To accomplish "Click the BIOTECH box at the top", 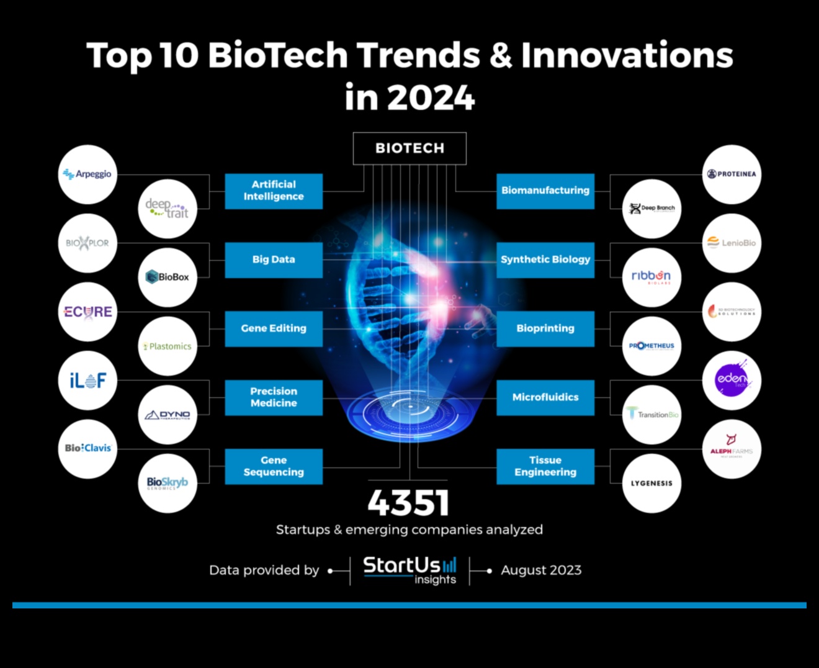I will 409,148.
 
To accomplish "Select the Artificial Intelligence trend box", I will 274,191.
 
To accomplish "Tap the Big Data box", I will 274,260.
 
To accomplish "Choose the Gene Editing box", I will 274,328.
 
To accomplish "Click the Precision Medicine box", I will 274,397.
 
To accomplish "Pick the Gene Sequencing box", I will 274,466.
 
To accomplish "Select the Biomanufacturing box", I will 545,191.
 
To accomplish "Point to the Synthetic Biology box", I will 545,260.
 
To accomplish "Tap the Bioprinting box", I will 545,328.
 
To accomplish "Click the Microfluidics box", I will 545,397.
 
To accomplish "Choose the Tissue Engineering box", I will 545,466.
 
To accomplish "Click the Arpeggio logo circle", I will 87,174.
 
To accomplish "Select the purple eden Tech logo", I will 732,380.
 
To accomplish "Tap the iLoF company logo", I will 87,380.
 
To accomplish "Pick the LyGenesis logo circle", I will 651,483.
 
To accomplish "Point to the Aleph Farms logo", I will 732,449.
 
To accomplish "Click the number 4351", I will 408,503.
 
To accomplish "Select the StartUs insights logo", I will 409,570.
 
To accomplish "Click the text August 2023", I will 541,570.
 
